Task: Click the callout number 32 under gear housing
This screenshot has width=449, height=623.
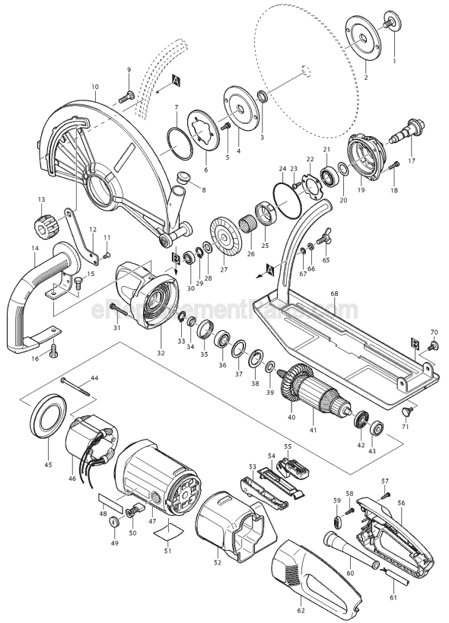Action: point(161,352)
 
